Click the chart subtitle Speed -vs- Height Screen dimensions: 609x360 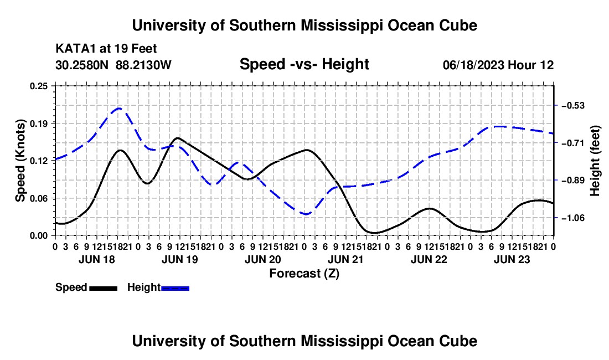coord(304,64)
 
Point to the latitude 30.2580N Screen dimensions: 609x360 coord(82,65)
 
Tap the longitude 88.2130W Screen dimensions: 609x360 coord(143,65)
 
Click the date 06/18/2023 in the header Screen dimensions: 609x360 coord(473,65)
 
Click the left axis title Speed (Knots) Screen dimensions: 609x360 coord(20,161)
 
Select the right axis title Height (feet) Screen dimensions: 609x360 coord(595,161)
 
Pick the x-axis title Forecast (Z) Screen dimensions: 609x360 coord(304,274)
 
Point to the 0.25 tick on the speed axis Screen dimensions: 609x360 coord(39,86)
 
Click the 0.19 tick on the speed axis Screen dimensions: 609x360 coord(39,124)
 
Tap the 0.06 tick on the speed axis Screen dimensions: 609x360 coord(39,198)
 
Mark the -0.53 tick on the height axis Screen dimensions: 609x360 coord(573,106)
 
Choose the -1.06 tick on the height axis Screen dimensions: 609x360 coord(573,218)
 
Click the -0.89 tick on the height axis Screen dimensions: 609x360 coord(573,181)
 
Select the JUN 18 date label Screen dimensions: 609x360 coord(97,259)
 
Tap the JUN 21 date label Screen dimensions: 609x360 coord(345,259)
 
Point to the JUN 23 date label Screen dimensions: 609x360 coord(512,259)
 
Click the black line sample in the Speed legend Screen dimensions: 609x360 coord(104,289)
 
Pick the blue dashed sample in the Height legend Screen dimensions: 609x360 coord(175,289)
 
